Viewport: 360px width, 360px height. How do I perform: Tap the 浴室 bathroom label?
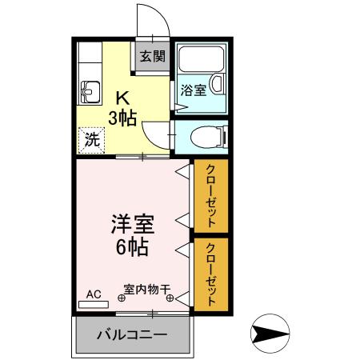point(194,90)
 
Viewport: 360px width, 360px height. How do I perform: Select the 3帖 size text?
point(123,118)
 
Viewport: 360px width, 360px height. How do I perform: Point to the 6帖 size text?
point(131,247)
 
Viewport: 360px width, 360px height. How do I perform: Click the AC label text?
point(94,294)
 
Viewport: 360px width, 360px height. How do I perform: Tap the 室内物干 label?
point(146,289)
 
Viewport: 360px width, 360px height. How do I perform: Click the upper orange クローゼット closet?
point(211,196)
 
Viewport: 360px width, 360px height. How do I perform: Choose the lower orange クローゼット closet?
point(211,274)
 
